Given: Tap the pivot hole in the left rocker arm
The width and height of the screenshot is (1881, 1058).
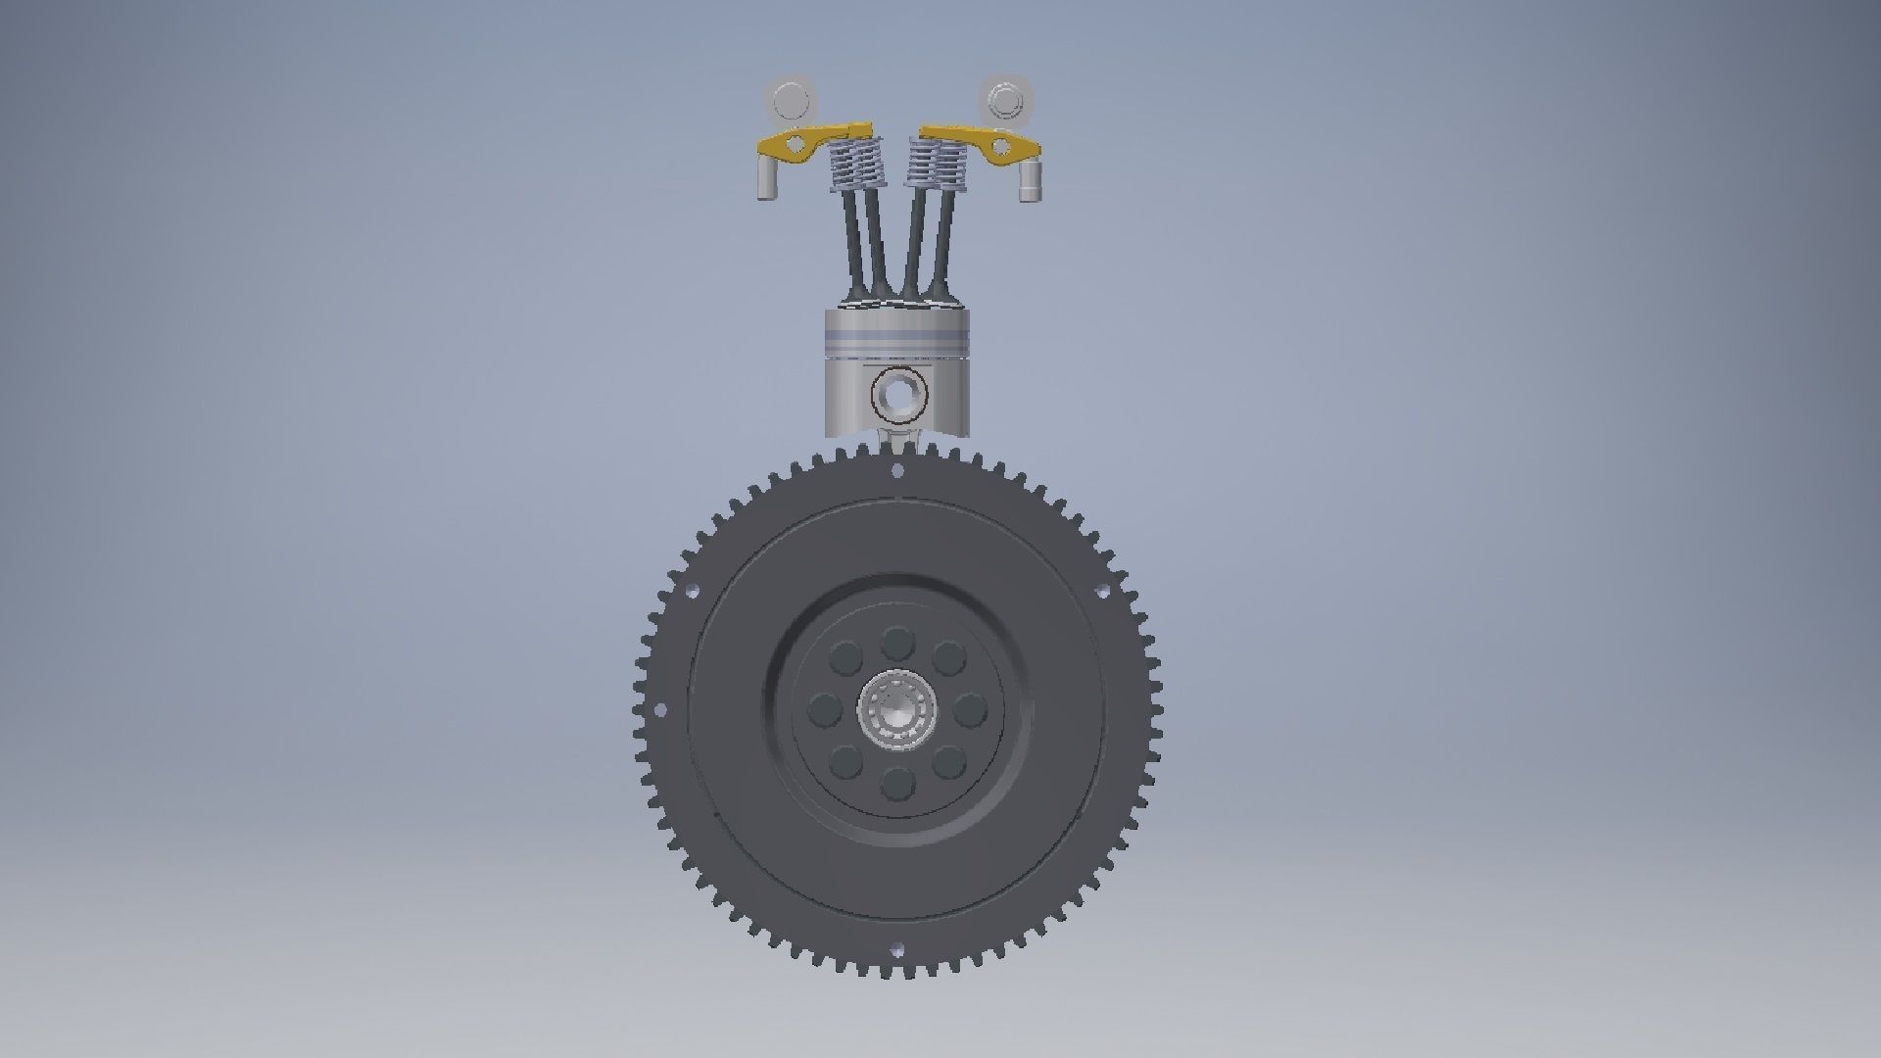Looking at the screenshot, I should pos(796,148).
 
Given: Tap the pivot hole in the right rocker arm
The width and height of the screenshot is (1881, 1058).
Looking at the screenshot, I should pos(999,147).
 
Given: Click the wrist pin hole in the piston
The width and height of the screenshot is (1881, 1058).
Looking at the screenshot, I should pos(897,394).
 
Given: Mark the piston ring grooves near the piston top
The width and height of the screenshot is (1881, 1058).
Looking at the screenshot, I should pos(897,341).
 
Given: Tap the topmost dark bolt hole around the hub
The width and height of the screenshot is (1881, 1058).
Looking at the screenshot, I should pos(896,644).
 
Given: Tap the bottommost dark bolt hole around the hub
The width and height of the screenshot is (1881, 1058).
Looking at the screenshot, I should pos(896,783).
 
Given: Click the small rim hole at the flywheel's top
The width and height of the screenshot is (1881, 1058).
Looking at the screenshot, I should pos(898,471).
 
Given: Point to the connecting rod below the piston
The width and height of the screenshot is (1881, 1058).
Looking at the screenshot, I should pos(897,440).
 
